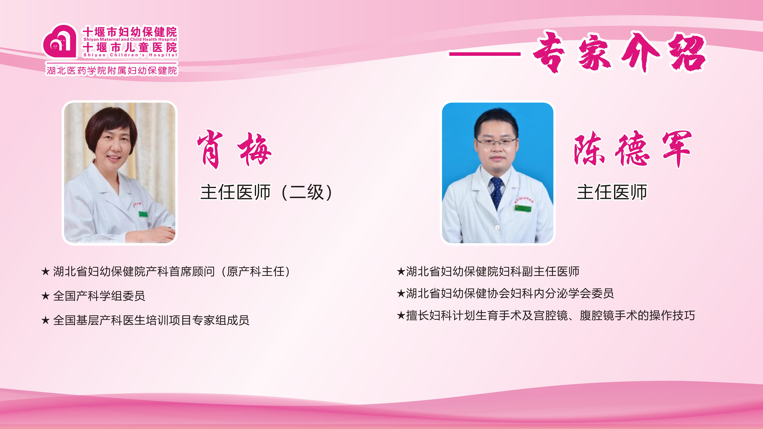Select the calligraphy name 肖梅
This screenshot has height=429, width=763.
tap(234, 149)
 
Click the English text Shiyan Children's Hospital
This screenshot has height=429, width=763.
tap(130, 55)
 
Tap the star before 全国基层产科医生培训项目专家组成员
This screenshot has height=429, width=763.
tap(45, 320)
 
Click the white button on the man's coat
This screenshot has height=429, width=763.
tap(497, 227)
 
